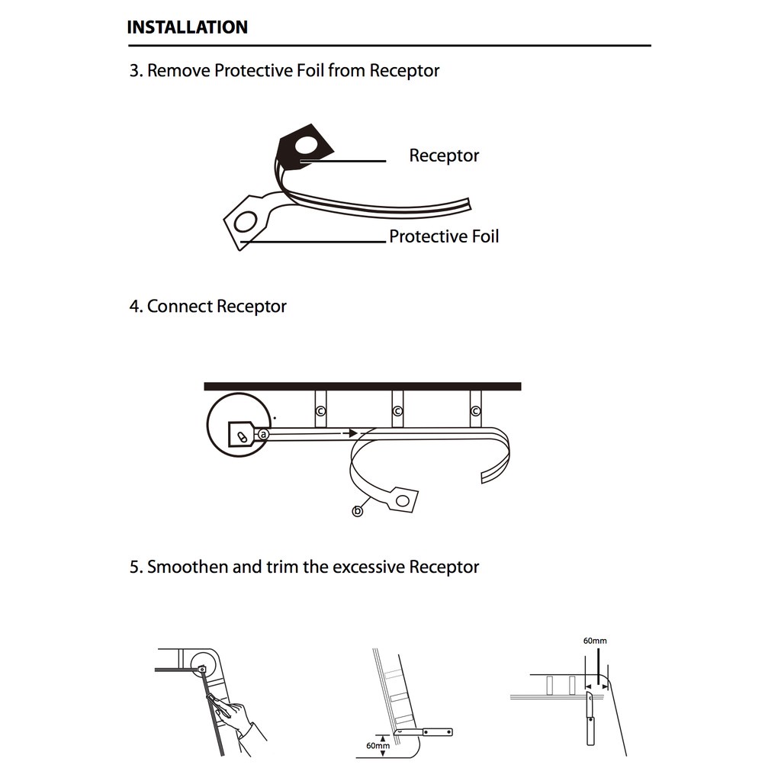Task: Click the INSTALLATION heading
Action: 187,27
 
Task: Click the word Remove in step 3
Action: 178,71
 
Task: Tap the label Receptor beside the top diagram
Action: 444,156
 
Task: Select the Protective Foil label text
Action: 444,236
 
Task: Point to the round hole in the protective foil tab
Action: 246,222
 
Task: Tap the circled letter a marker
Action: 263,434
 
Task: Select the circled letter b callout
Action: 358,511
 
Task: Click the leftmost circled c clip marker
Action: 320,412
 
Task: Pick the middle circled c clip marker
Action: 397,412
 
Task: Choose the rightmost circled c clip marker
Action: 476,412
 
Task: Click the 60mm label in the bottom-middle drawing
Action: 378,745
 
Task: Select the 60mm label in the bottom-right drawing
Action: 595,641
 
